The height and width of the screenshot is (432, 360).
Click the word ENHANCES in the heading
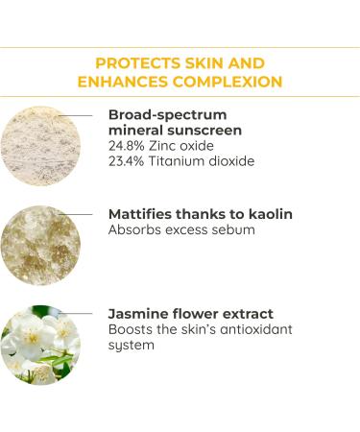122,82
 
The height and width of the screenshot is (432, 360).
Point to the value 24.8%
131,145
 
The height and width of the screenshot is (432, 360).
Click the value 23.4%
131,161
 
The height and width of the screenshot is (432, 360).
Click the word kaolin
268,214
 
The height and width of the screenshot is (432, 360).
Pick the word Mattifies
142,214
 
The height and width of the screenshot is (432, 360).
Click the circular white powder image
40,146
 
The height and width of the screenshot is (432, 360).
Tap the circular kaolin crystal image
40,246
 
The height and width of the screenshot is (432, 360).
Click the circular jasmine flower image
40,346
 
